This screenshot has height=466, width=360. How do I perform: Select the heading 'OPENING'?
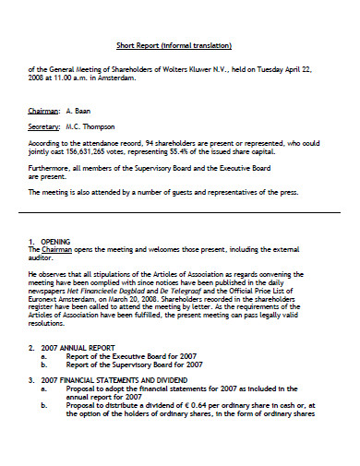pos(56,242)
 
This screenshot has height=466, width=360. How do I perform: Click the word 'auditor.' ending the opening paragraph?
pos(42,257)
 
